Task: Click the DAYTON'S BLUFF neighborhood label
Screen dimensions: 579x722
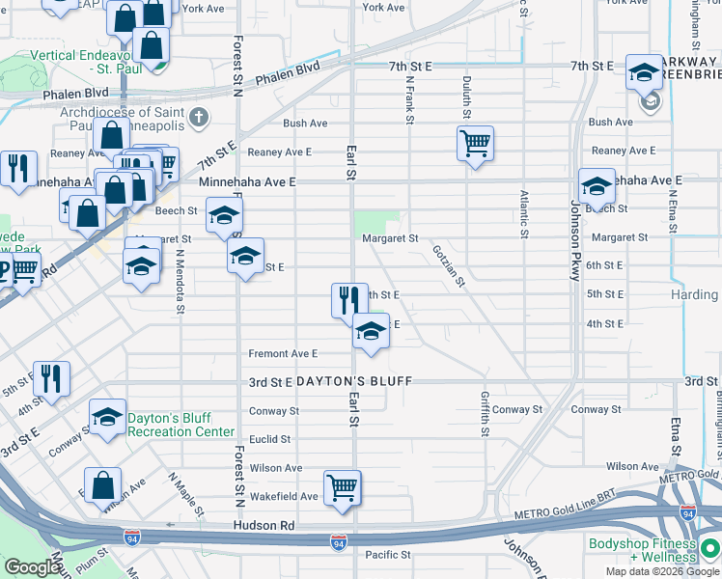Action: click(354, 381)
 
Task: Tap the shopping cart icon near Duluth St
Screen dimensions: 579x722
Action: click(475, 145)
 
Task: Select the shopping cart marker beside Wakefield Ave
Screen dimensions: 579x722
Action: click(343, 488)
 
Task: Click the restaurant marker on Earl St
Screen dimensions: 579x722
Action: click(349, 301)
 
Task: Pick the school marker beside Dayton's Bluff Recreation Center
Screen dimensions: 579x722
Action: click(108, 418)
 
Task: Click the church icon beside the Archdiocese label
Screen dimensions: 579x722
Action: click(199, 118)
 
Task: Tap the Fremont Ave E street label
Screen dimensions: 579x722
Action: click(283, 354)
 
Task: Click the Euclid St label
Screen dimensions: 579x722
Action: click(270, 439)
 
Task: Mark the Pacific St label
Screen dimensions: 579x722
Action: click(388, 555)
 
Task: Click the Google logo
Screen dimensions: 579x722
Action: click(32, 567)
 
